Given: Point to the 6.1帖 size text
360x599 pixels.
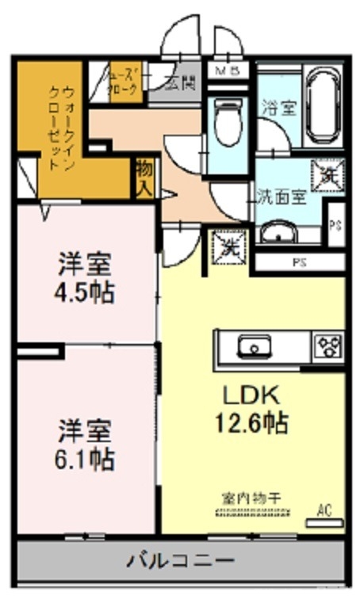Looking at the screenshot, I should point(84,457).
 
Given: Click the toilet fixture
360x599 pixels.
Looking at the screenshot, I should point(228,119).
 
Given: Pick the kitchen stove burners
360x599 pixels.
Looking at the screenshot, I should point(327,346).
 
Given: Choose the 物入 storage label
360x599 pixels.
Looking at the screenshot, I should point(145,179).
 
